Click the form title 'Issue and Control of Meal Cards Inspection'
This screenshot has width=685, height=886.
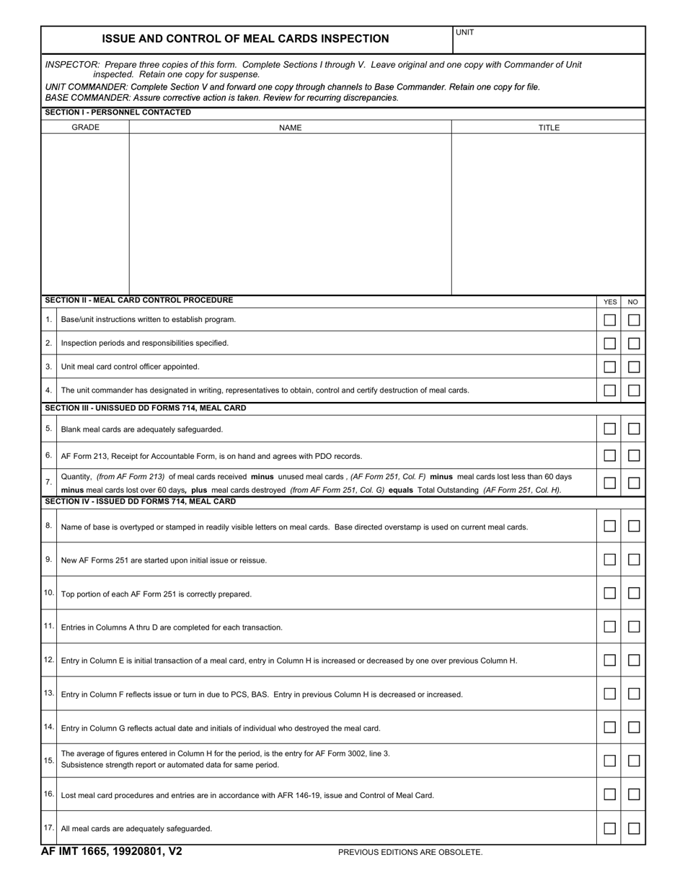pos(245,39)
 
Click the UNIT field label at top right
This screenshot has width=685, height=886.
pos(465,32)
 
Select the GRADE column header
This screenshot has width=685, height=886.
pos(85,127)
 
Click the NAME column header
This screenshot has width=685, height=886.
pos(290,127)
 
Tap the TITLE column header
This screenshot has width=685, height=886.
pos(548,127)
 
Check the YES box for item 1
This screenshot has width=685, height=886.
pos(609,320)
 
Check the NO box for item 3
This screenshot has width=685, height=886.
pos(634,367)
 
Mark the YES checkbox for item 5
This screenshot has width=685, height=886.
pos(609,429)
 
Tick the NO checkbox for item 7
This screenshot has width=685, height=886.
pos(634,483)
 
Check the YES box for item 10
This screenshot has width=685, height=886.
pos(609,594)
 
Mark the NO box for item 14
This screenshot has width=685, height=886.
pos(634,728)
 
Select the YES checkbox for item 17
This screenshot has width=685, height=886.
pos(609,828)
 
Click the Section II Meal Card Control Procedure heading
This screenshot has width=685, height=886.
pos(138,300)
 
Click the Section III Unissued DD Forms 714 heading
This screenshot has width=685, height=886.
pos(145,408)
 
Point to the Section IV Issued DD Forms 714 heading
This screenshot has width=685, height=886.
pos(140,501)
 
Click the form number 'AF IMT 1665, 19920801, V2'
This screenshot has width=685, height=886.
pos(112,851)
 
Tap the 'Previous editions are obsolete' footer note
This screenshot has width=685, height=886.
pos(410,852)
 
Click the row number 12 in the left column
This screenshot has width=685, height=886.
pos(49,660)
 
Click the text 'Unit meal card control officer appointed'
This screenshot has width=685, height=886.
pos(130,367)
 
